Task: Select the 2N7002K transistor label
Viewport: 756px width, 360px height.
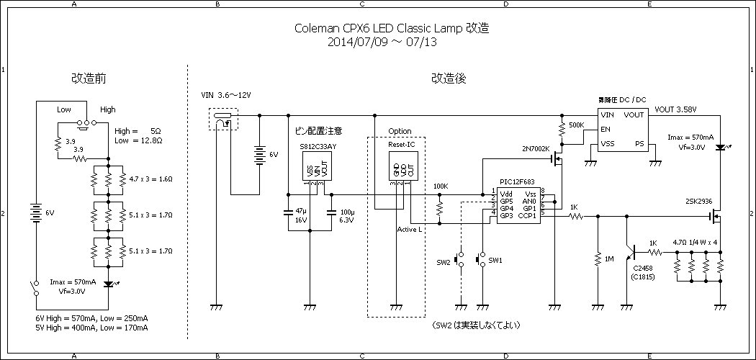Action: pyautogui.click(x=536, y=148)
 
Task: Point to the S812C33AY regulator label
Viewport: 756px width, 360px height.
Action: pyautogui.click(x=318, y=146)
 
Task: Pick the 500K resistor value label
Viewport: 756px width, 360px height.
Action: pyautogui.click(x=576, y=125)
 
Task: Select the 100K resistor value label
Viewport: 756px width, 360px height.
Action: pyautogui.click(x=441, y=186)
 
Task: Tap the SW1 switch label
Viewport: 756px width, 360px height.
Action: pyautogui.click(x=495, y=260)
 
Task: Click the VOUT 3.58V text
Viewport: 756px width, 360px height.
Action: pyautogui.click(x=676, y=110)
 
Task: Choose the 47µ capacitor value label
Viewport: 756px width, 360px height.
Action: pyautogui.click(x=301, y=212)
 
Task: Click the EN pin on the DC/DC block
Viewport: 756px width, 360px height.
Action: pyautogui.click(x=606, y=130)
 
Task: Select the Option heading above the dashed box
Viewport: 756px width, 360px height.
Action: pyautogui.click(x=400, y=132)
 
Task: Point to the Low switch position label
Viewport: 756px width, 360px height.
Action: pyautogui.click(x=64, y=109)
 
